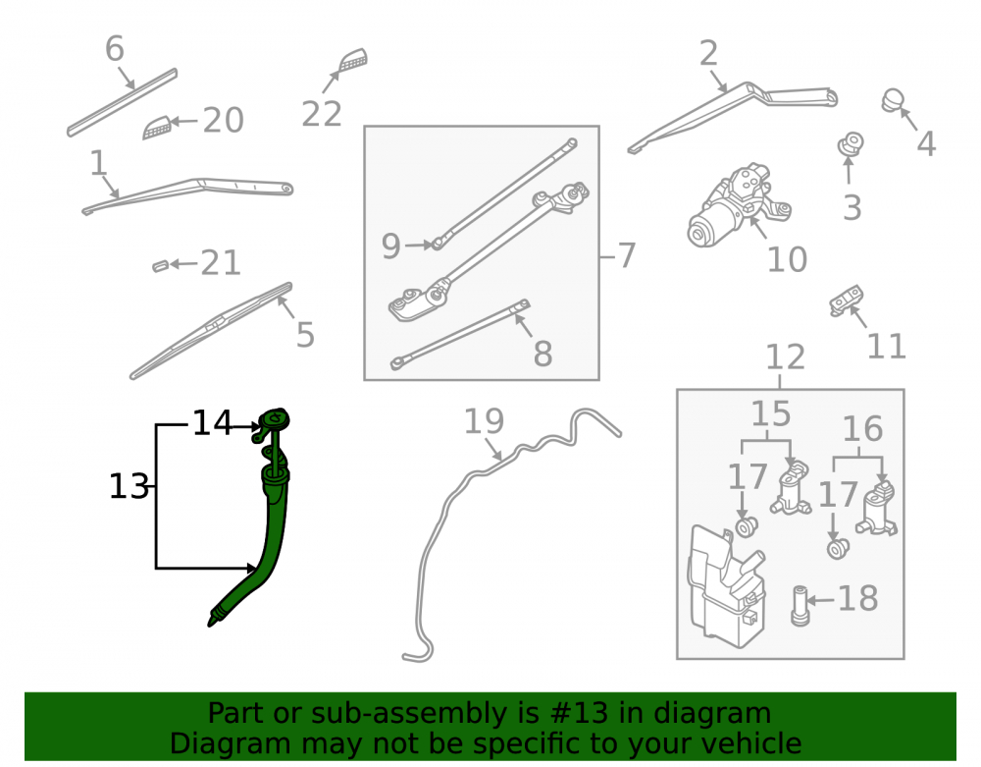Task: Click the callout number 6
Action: click(115, 48)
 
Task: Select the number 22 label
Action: click(322, 114)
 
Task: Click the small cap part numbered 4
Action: click(893, 101)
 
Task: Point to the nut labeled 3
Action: click(851, 144)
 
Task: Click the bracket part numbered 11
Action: click(847, 301)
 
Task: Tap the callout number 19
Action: click(484, 420)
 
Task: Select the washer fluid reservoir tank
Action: click(726, 585)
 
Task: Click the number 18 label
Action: click(857, 598)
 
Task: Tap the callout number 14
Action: click(212, 422)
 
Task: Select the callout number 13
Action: click(129, 486)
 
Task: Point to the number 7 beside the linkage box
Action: click(626, 255)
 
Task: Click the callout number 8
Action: click(543, 354)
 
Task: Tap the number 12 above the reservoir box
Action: click(786, 356)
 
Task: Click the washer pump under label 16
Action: click(878, 509)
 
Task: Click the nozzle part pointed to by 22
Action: click(353, 60)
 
